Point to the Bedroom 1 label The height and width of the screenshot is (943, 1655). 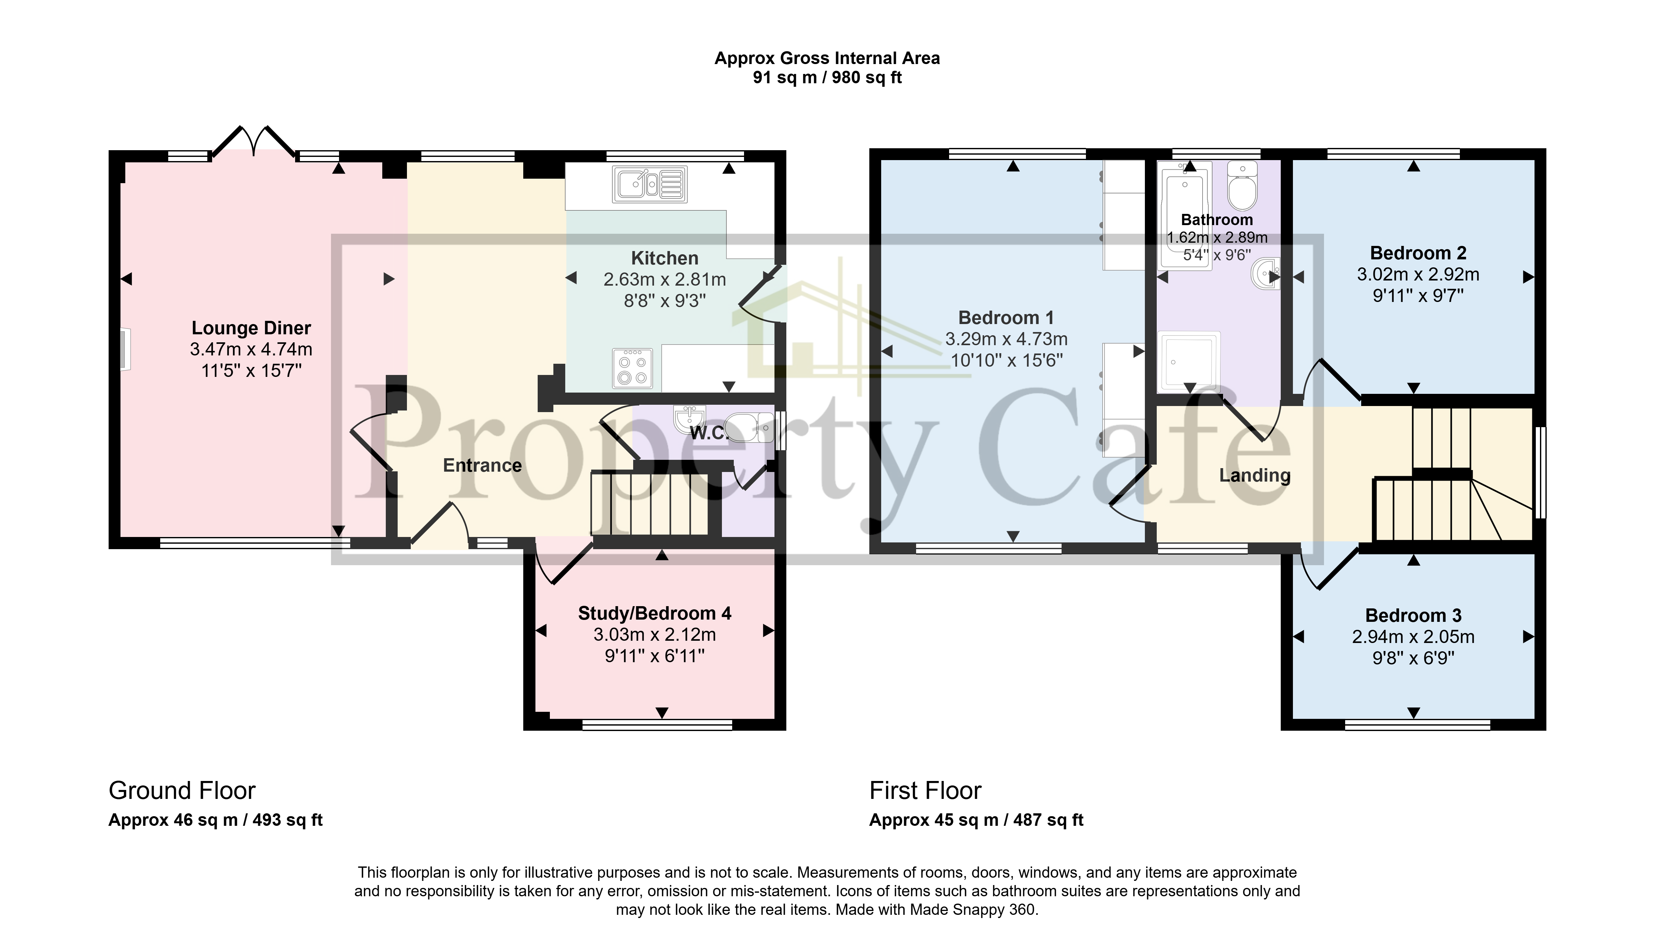(1006, 318)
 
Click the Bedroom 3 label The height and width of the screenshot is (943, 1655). (1413, 615)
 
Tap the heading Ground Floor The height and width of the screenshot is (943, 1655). (182, 791)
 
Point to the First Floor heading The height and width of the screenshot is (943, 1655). (925, 791)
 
